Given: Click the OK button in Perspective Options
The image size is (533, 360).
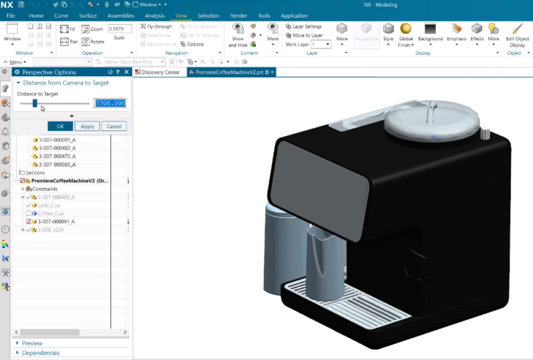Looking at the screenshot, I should coord(60,126).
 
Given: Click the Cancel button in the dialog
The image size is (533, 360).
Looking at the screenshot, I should coord(114,126).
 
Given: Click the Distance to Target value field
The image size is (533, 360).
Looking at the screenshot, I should coord(110,103).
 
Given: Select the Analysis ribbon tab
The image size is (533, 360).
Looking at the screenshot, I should coord(155,15).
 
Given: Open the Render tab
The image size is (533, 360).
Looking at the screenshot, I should coord(238,15).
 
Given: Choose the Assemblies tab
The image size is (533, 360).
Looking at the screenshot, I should coord(121,15).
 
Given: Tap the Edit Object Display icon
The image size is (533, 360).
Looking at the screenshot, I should coord(517,32).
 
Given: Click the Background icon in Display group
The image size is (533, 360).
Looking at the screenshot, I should coord(430,32).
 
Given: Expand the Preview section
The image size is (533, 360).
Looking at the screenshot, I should coord(32,343).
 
